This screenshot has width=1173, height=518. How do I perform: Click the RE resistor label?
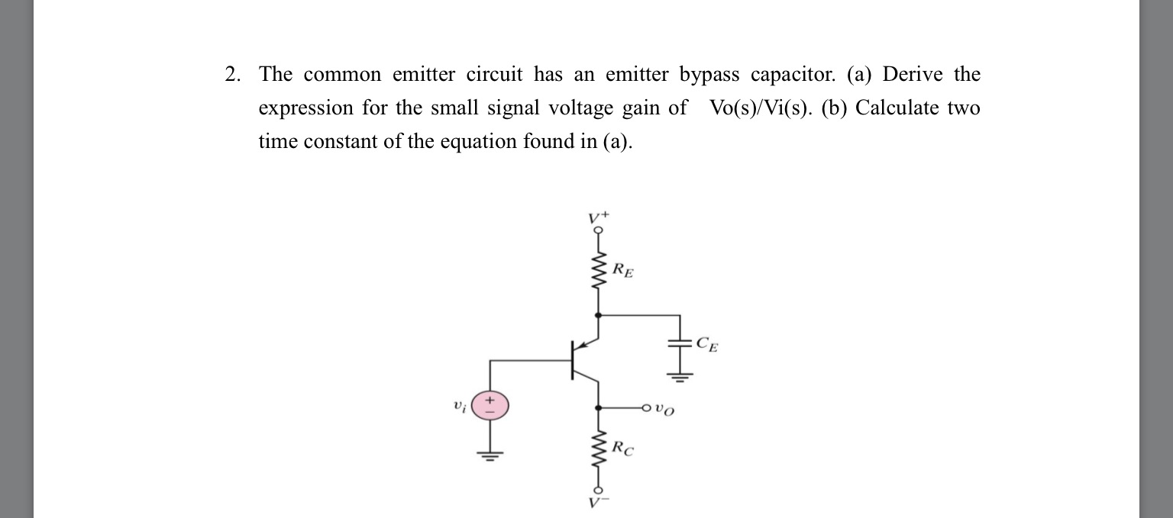623,270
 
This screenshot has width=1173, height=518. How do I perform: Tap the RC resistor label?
623,449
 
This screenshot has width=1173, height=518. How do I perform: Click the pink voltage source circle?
489,405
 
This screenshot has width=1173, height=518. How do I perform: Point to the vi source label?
458,406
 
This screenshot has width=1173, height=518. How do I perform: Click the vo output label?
666,410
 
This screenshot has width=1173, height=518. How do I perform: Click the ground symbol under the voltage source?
489,456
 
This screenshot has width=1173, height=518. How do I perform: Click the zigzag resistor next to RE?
598,271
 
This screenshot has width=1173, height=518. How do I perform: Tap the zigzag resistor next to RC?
598,450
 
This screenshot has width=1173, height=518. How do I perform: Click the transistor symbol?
582,359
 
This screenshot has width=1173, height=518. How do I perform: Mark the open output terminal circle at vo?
646,407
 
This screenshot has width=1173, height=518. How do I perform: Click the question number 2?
232,75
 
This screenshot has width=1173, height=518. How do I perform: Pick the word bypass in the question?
709,75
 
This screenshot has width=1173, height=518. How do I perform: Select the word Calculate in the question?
897,108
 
